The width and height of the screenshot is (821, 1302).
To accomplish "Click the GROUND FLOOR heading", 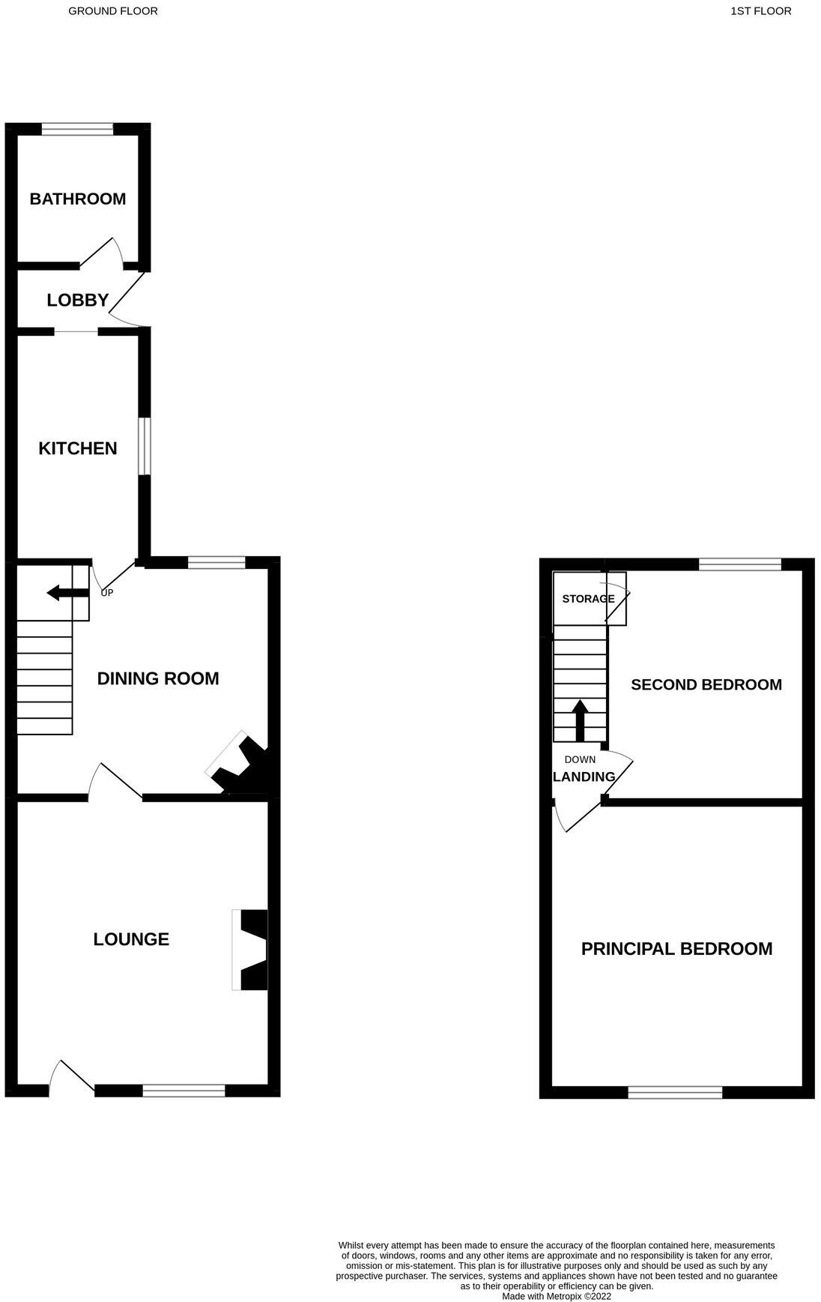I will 113,11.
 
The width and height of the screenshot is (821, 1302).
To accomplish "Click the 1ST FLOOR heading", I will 760,11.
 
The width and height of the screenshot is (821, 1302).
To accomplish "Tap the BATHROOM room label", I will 78,199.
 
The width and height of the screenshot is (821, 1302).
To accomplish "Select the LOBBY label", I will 78,301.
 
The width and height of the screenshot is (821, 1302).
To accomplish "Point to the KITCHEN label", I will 78,448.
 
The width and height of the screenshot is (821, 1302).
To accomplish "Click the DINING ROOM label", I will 158,678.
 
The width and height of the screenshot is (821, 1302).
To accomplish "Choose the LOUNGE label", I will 131,939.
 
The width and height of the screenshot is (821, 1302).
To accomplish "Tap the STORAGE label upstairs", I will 588,599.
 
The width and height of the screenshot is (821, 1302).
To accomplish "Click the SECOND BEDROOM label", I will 706,684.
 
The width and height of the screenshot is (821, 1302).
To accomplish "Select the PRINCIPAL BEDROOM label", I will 676,949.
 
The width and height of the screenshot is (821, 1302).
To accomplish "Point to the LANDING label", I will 584,777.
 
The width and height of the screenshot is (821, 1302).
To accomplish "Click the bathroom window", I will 77,130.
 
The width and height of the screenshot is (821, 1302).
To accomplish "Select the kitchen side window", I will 144,446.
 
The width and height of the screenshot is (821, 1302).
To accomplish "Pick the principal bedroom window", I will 675,1093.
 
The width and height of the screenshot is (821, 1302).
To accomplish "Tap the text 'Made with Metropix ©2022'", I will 557,1296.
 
